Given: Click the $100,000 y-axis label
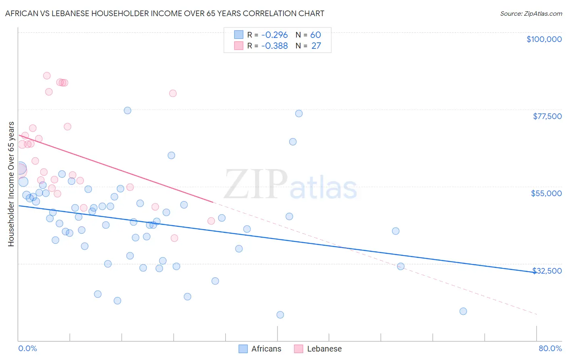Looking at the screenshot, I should (544, 39).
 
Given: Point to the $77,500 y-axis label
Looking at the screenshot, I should (547, 116).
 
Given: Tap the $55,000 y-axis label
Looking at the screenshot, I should (546, 193).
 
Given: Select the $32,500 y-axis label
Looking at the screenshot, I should (547, 271).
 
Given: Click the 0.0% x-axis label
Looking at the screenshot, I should (27, 348).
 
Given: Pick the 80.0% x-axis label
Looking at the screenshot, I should (550, 348).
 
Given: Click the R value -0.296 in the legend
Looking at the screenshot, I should (274, 35).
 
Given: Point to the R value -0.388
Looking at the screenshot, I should (274, 46).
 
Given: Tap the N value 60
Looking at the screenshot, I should (315, 35).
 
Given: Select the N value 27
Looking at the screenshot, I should (316, 46).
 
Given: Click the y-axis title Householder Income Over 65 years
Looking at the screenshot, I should (11, 184).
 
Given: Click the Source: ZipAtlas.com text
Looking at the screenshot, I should (531, 14).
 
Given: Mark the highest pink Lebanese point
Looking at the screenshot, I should (47, 76).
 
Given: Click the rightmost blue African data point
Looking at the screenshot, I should (463, 311).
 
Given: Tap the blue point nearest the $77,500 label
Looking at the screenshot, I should (299, 113).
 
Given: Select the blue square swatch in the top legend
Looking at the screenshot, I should (239, 35).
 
